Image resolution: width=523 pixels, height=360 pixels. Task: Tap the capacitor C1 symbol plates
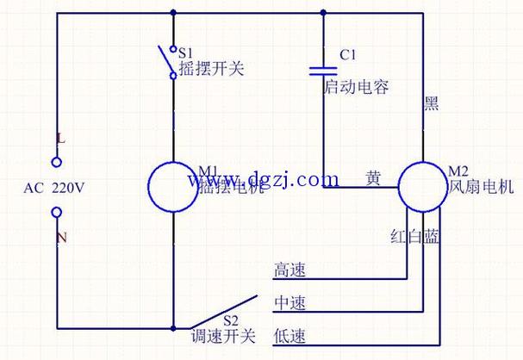coord(323,69)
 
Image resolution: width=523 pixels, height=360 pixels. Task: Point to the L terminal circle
coord(58,160)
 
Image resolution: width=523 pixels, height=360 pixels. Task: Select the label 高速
coord(290,269)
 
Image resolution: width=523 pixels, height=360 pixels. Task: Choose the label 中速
coord(290,303)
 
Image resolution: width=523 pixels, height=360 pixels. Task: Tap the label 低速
coord(290,336)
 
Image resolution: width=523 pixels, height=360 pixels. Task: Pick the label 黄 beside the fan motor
coord(373,178)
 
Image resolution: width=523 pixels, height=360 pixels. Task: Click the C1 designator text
coord(348,54)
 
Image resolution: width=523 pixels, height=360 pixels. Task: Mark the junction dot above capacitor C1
coord(323,12)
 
